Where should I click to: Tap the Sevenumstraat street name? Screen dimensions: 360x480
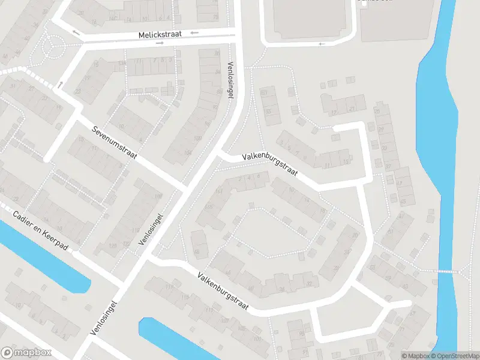[115, 143]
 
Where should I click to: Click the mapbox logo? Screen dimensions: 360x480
[26, 353]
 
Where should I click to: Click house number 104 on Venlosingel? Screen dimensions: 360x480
[188, 153]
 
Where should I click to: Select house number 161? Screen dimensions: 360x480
[218, 191]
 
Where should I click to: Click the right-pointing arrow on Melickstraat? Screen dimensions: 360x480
[160, 43]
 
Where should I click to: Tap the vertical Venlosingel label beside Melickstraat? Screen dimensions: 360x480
[229, 80]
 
